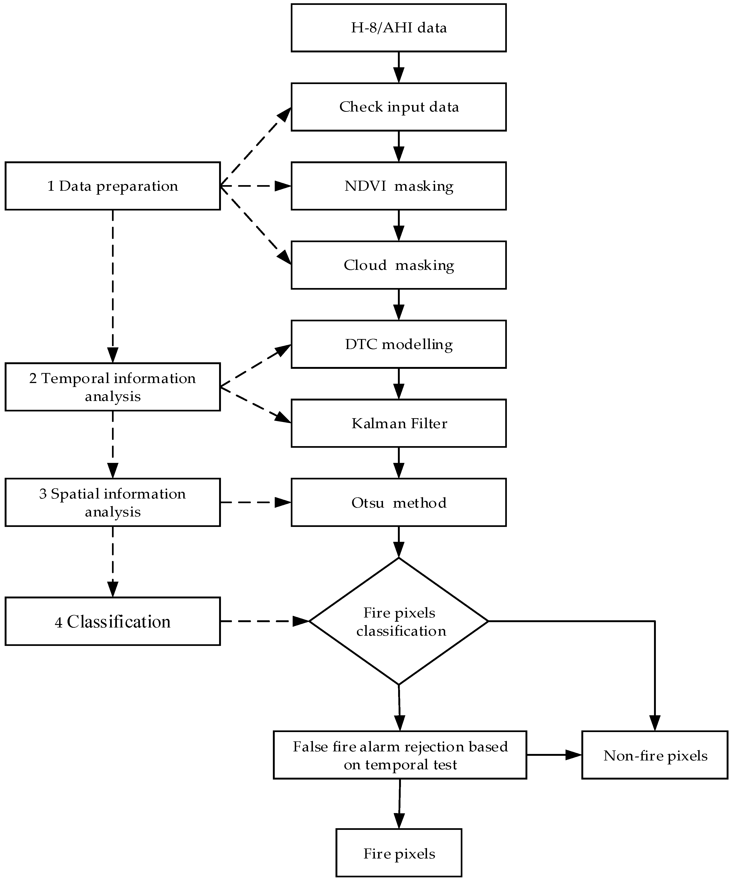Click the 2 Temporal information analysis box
112,387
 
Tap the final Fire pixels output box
399,854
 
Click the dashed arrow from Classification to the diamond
264,621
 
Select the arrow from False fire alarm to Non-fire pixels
553,755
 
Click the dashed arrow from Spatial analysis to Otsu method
255,502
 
